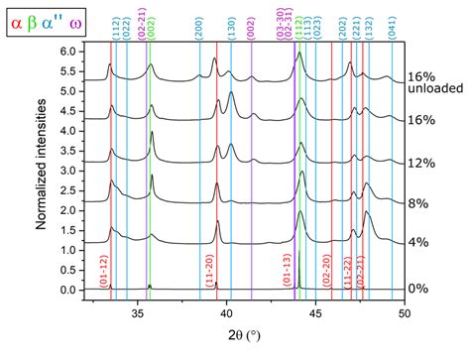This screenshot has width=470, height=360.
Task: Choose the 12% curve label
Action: [x=421, y=163]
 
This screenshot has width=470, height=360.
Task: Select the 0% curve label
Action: [x=419, y=288]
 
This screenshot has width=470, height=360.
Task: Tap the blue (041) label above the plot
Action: [x=392, y=30]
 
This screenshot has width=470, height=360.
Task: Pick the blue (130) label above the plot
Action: [x=231, y=30]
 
